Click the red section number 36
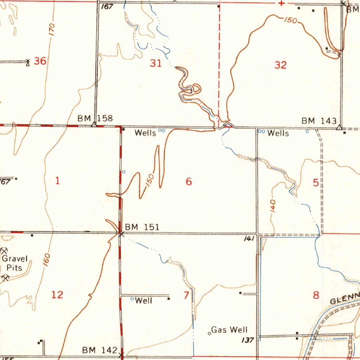[x=40, y=61]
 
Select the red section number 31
[x=156, y=63]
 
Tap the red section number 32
[x=281, y=65]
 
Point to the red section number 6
[x=189, y=182]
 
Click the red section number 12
[x=57, y=295]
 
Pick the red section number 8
[x=316, y=295]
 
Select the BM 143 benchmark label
[x=319, y=121]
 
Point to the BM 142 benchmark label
[x=100, y=350]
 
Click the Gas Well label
[x=229, y=330]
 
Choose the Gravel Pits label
[x=15, y=263]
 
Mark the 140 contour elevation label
[x=273, y=206]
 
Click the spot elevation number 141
[x=249, y=239]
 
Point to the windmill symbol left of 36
[x=28, y=63]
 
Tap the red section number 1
[x=58, y=181]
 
